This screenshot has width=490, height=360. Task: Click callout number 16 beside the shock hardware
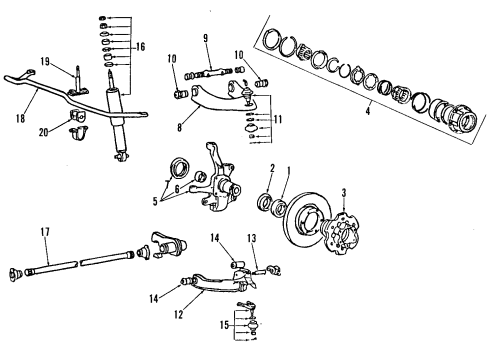click(x=141, y=46)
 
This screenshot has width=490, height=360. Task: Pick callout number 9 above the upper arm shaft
click(x=204, y=39)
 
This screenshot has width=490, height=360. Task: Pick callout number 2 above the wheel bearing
click(x=270, y=170)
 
